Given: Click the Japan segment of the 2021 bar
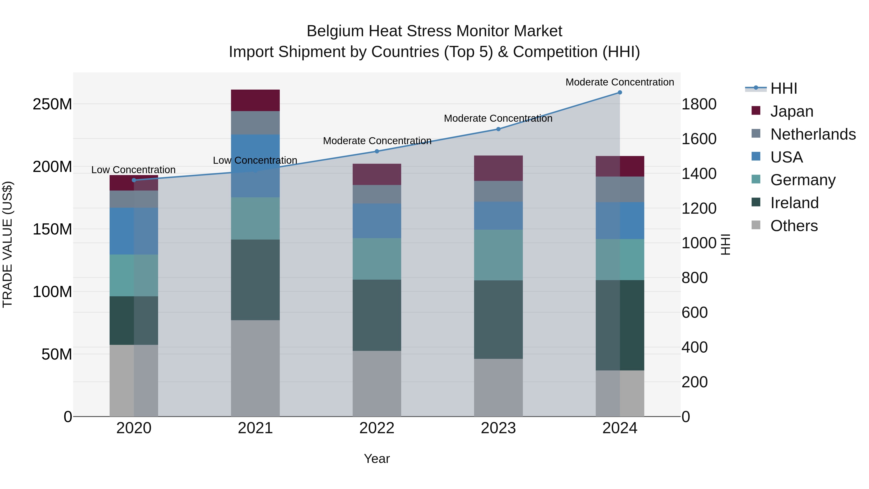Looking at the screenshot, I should pyautogui.click(x=255, y=100).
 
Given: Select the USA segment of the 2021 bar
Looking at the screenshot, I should pyautogui.click(x=255, y=166).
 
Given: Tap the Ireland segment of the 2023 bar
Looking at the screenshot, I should pyautogui.click(x=498, y=319).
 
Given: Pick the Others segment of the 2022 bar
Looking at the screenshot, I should pyautogui.click(x=377, y=383).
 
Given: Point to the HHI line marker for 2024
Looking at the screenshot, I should pyautogui.click(x=619, y=92).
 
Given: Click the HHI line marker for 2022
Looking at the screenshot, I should pyautogui.click(x=377, y=151).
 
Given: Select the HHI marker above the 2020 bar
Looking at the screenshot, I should pyautogui.click(x=134, y=180).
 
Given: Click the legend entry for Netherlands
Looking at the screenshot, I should pyautogui.click(x=813, y=134).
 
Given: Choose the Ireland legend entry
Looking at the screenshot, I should pyautogui.click(x=794, y=203).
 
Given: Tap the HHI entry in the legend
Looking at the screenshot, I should pyautogui.click(x=784, y=88).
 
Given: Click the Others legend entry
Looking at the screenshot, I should pyautogui.click(x=794, y=226).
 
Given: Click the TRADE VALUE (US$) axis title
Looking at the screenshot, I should pyautogui.click(x=7, y=244).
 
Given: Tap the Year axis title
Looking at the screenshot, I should pyautogui.click(x=377, y=459).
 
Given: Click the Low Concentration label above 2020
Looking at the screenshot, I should pyautogui.click(x=133, y=170).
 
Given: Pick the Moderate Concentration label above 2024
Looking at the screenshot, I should pyautogui.click(x=619, y=82).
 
